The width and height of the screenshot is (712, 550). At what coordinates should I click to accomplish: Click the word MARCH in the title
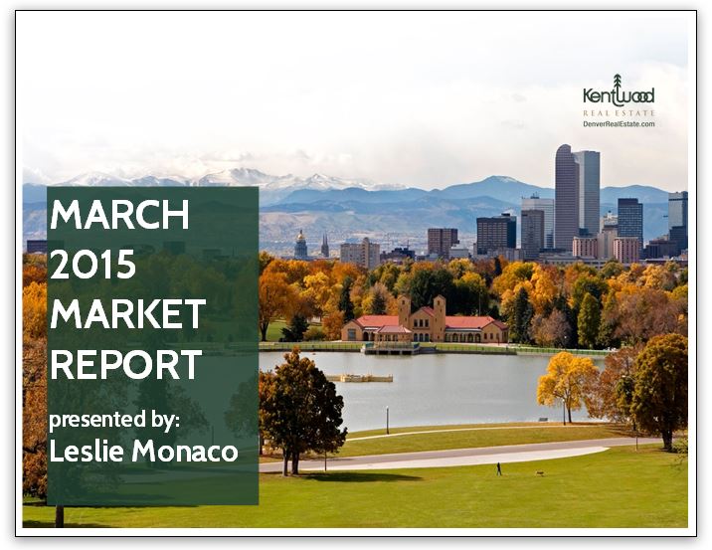pyautogui.click(x=120, y=214)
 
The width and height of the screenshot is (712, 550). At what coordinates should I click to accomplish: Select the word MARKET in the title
pyautogui.click(x=128, y=314)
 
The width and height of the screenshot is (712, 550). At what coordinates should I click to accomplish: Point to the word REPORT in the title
pyautogui.click(x=125, y=365)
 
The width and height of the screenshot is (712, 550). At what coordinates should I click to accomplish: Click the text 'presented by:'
pyautogui.click(x=114, y=420)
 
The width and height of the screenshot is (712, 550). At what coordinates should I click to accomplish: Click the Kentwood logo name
pyautogui.click(x=619, y=97)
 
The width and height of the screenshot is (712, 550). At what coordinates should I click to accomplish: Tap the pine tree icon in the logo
pyautogui.click(x=618, y=84)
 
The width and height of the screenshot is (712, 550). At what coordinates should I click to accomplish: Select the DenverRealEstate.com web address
pyautogui.click(x=619, y=124)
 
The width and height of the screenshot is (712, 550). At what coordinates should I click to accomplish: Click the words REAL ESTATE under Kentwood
pyautogui.click(x=619, y=113)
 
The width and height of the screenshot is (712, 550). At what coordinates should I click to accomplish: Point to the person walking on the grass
pyautogui.click(x=499, y=467)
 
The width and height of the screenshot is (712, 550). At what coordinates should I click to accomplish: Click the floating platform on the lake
pyautogui.click(x=360, y=378)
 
